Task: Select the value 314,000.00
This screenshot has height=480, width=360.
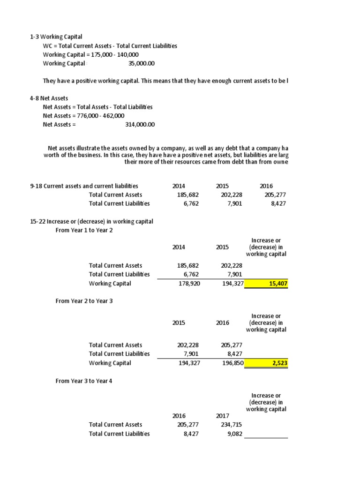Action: click(140, 124)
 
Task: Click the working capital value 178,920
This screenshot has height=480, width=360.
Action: click(189, 284)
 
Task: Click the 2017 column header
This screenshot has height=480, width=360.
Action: click(223, 416)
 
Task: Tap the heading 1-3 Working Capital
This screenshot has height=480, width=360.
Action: click(56, 37)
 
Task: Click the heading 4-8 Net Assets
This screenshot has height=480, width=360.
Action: click(49, 98)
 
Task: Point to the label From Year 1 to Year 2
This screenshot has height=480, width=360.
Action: click(84, 230)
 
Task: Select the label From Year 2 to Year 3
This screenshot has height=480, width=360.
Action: click(84, 301)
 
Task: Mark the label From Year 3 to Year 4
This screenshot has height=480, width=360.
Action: click(84, 381)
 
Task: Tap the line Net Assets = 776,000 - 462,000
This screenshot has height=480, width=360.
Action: click(83, 115)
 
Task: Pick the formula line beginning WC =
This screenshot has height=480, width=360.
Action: click(110, 45)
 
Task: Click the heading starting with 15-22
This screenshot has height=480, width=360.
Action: click(91, 221)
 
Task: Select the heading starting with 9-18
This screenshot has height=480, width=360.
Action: click(84, 186)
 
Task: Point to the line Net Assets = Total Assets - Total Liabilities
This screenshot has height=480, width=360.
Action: click(97, 107)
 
